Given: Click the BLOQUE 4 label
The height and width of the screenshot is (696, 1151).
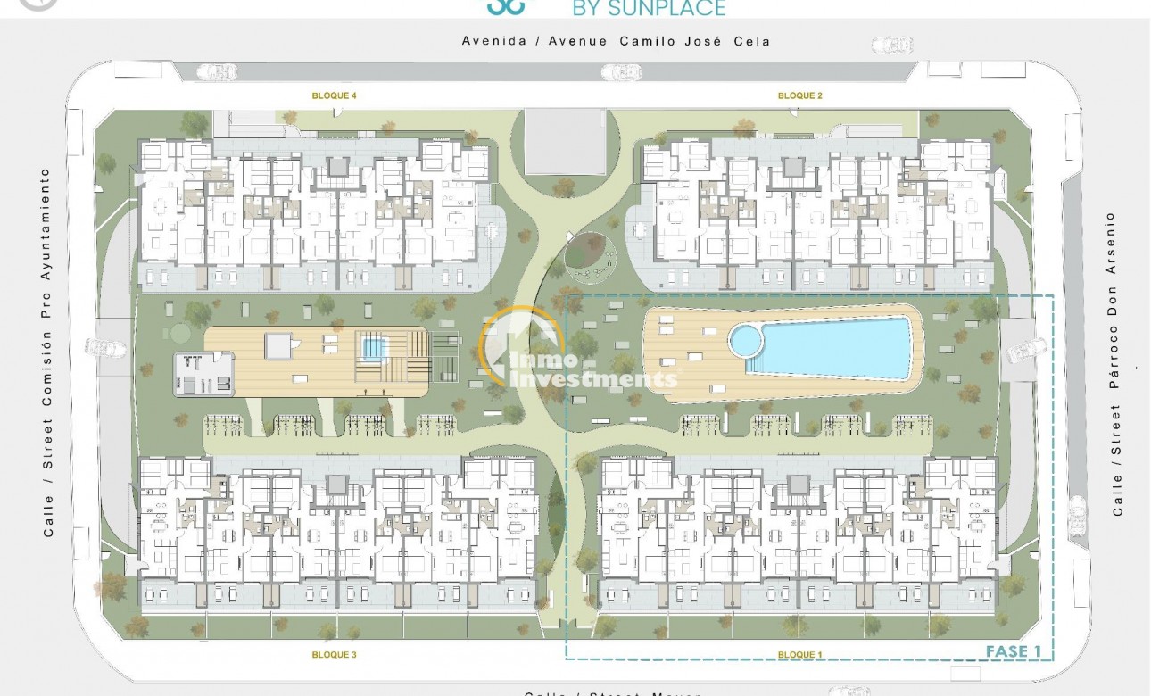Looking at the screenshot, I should click(335, 95).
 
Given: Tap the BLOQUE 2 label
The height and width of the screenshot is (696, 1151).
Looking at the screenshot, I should click(800, 95).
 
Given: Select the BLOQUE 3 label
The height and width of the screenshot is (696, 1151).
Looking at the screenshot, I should click(335, 654).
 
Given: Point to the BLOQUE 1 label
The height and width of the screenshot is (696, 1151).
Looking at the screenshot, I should click(800, 655).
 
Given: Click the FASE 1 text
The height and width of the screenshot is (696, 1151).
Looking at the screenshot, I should click(1014, 651).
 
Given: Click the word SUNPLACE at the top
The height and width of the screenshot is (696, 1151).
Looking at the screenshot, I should click(660, 8).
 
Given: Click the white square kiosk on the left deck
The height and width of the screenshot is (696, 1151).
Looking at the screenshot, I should click(277, 344).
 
